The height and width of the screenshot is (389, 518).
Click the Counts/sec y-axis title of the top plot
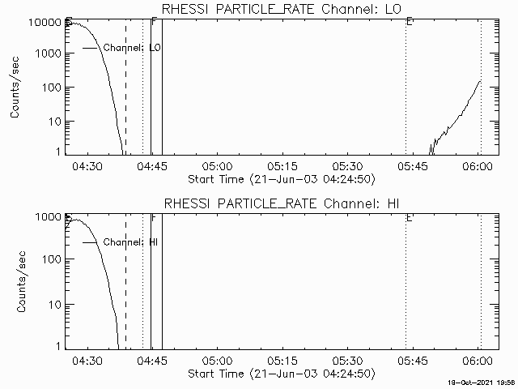coord(16,88)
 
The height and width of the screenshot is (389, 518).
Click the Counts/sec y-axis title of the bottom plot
coord(16,282)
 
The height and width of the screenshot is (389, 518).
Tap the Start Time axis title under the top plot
coord(280,178)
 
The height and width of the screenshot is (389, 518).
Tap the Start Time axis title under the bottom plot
coord(280,373)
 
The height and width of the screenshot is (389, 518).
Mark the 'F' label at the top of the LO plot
coord(154,22)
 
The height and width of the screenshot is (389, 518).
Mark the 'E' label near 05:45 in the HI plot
coord(410,218)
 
